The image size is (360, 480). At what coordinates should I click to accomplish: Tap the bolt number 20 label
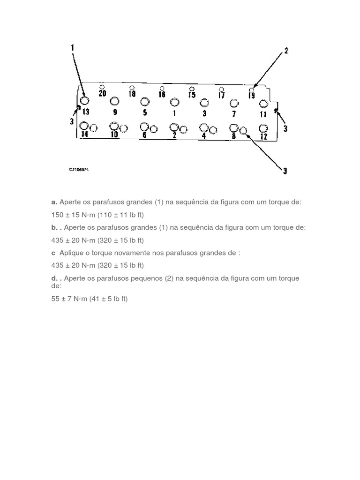pyautogui.click(x=103, y=93)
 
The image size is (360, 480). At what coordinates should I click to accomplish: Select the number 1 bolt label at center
pyautogui.click(x=174, y=112)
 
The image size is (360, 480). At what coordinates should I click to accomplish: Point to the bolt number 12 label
pyautogui.click(x=263, y=136)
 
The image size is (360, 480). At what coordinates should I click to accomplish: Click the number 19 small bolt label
pyautogui.click(x=252, y=96)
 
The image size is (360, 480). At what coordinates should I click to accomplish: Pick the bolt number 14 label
pyautogui.click(x=85, y=135)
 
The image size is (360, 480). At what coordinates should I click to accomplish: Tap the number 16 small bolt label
pyautogui.click(x=162, y=94)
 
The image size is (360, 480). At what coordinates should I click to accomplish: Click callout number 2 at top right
pyautogui.click(x=286, y=51)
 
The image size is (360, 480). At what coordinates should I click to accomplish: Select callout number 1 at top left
pyautogui.click(x=73, y=48)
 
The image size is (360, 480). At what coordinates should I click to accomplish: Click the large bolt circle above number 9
pyautogui.click(x=115, y=101)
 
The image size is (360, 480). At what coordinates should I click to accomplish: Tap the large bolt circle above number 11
pyautogui.click(x=263, y=104)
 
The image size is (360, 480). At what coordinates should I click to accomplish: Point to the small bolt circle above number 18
pyautogui.click(x=132, y=88)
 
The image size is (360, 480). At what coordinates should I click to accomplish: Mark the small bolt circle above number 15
pyautogui.click(x=191, y=89)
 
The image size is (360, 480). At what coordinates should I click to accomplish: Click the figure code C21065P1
pyautogui.click(x=79, y=170)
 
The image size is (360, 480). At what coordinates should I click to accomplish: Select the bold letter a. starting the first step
pyautogui.click(x=54, y=202)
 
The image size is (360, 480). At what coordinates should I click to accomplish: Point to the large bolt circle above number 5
pyautogui.click(x=144, y=101)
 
